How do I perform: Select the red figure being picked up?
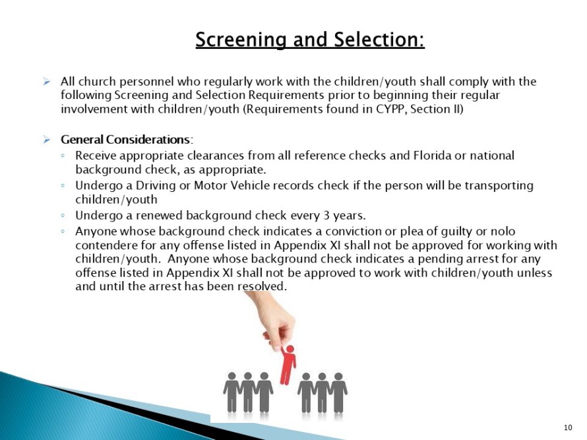click(288, 363)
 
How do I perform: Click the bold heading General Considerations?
click(125, 140)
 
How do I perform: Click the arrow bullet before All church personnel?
click(47, 82)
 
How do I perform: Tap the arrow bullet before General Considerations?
click(47, 140)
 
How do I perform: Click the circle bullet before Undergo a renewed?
click(62, 216)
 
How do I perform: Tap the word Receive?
click(96, 156)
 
